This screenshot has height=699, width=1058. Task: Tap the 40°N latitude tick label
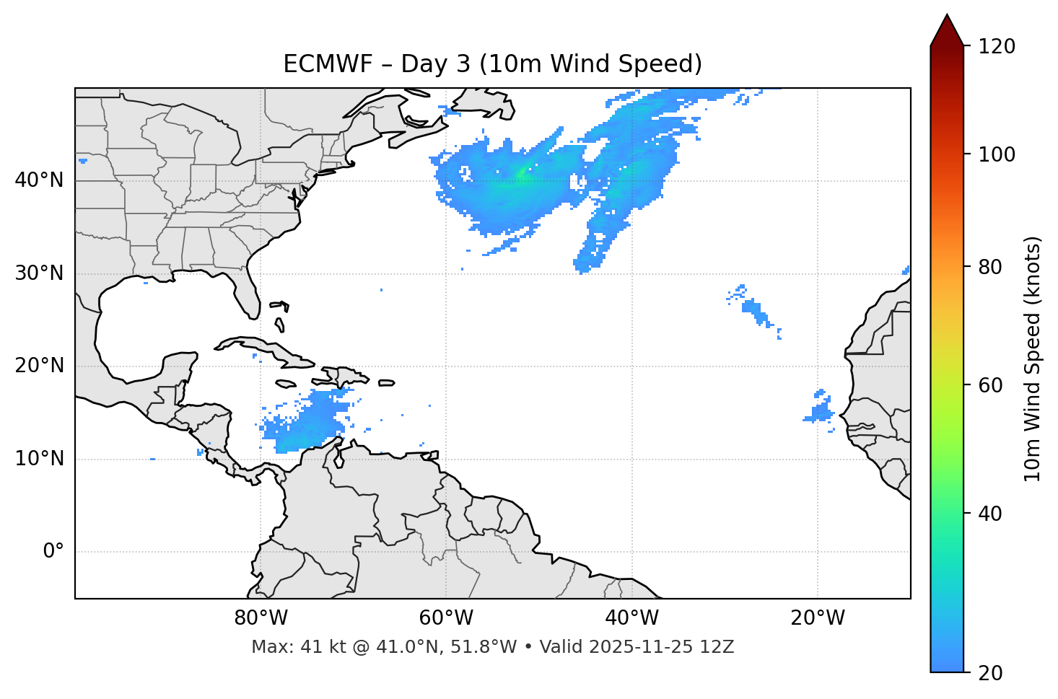39,180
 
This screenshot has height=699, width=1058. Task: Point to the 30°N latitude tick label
39,273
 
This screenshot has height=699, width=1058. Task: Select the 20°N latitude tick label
39,366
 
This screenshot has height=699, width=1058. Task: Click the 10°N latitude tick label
39,459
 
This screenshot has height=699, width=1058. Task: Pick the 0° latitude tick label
53,552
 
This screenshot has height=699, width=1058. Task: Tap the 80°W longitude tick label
261,618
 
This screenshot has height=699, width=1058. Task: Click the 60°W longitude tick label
445,618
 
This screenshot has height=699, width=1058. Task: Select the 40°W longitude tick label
631,618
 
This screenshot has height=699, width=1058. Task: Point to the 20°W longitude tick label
817,618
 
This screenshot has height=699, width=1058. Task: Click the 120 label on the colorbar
997,47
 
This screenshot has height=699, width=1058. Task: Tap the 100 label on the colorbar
997,154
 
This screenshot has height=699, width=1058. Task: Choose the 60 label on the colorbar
992,385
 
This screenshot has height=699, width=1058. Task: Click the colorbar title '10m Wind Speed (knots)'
1033,359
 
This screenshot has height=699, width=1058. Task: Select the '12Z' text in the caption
718,647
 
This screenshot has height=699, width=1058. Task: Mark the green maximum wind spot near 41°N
521,173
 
